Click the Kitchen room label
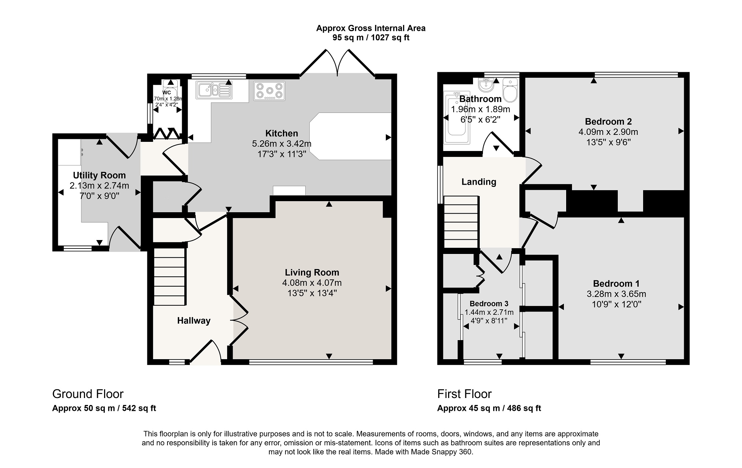click(x=281, y=133)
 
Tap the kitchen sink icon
click(x=214, y=90)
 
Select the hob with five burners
click(x=269, y=91)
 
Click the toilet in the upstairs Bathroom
click(x=510, y=89)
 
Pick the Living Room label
click(x=312, y=273)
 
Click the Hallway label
click(x=194, y=321)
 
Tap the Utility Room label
click(x=99, y=176)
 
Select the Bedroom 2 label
click(x=608, y=122)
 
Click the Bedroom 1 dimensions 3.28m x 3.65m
click(x=616, y=294)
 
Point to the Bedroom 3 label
click(x=489, y=303)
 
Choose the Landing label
click(x=479, y=182)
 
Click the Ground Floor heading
click(x=88, y=394)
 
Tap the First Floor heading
click(x=464, y=394)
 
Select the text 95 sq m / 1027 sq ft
click(x=371, y=37)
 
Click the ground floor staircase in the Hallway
click(x=169, y=277)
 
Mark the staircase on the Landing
click(x=461, y=222)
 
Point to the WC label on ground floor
click(x=167, y=93)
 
